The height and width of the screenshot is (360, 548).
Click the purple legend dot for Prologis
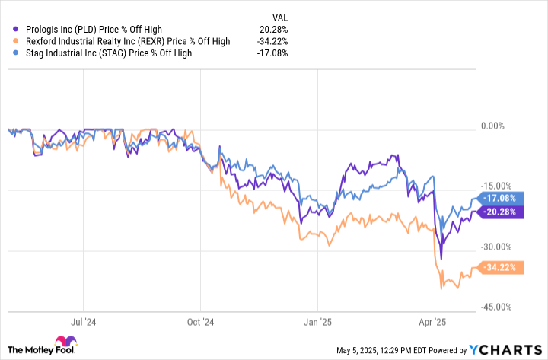(17, 30)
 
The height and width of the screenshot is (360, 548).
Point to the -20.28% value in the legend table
(272, 30)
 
